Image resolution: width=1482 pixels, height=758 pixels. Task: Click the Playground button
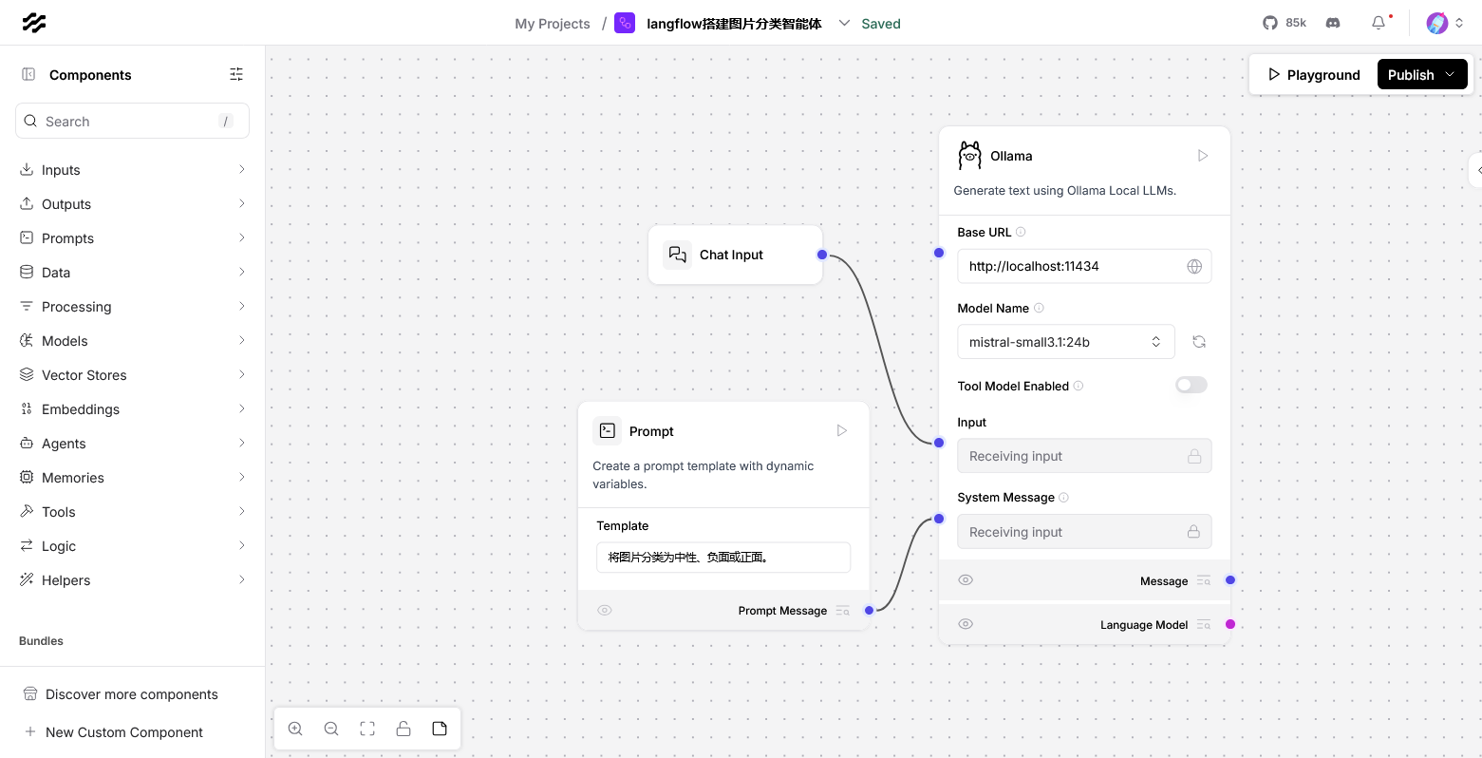pos(1313,74)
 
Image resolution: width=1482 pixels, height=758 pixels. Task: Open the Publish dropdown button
pos(1422,74)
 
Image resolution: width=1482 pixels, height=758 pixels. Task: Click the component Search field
pos(132,122)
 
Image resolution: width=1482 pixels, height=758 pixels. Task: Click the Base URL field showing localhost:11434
pos(1083,266)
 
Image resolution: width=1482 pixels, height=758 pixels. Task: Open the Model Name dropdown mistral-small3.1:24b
pos(1065,342)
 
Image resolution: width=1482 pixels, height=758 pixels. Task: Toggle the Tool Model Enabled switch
pos(1191,386)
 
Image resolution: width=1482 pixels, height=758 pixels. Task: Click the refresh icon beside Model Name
pos(1199,342)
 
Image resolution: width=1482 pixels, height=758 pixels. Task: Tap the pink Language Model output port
pos(1229,624)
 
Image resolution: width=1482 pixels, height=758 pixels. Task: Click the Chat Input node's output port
pos(822,255)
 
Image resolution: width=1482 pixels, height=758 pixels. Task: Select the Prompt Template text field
pos(723,558)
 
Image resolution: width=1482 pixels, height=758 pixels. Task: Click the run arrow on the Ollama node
pos(1203,156)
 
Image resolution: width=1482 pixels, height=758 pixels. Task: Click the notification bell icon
pos(1379,23)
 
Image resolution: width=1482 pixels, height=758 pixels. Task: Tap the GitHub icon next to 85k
pos(1269,23)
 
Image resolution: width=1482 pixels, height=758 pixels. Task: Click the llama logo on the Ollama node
pos(970,156)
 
